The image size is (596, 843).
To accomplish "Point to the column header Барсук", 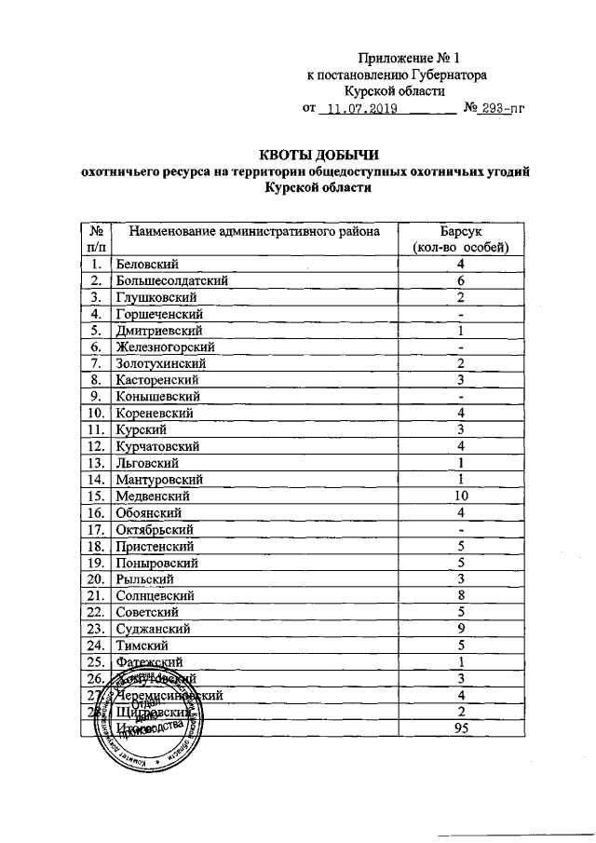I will coord(460,231).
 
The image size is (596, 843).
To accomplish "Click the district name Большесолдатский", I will coord(172,280).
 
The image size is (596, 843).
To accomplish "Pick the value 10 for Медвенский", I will coord(460,496).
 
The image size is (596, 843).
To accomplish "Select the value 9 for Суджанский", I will coord(460,629).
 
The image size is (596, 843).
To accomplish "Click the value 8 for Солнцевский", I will coord(460,595).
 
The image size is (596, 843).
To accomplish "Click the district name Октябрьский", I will coord(154,529).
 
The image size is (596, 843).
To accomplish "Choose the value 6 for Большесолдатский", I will coord(460,280).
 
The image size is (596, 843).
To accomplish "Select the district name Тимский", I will coord(141,645).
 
